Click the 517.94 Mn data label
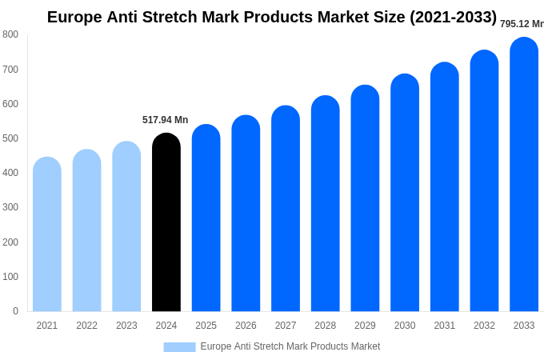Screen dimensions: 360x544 point(166,120)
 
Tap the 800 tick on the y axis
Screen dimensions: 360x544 point(10,34)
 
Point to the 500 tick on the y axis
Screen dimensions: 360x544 point(10,138)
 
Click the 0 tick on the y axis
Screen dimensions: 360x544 point(15,311)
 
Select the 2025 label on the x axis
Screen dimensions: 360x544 point(206,326)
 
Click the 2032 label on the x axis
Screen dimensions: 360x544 point(484,326)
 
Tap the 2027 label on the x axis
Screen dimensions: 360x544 point(286,326)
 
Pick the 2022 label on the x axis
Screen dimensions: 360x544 point(87,326)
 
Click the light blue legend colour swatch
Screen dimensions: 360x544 point(179,346)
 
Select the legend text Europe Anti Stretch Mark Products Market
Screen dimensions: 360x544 point(290,346)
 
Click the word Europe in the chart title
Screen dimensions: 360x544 point(74,17)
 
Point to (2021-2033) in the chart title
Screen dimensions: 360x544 point(454,17)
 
